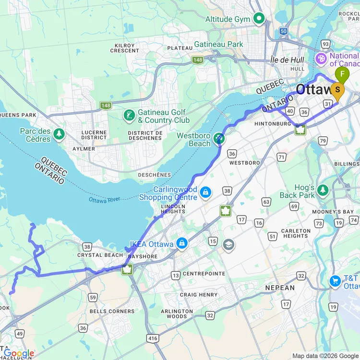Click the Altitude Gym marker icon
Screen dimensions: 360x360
coord(259,19)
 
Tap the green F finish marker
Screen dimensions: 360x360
coord(342,74)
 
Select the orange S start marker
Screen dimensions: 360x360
coord(338,90)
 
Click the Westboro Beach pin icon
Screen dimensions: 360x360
coord(219,139)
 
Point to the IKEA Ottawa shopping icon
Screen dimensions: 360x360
coord(182,244)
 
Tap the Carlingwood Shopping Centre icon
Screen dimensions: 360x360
coord(205,192)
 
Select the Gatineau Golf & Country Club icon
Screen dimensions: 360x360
coord(129,116)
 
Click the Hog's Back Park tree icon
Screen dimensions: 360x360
coord(323,191)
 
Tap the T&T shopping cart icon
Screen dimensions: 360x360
coord(336,281)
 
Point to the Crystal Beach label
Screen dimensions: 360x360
coord(100,255)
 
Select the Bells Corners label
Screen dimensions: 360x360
coord(112,311)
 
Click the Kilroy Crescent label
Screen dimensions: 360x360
coord(124,48)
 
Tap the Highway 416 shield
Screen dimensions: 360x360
coord(152,338)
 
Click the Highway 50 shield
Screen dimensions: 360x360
coord(283,31)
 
